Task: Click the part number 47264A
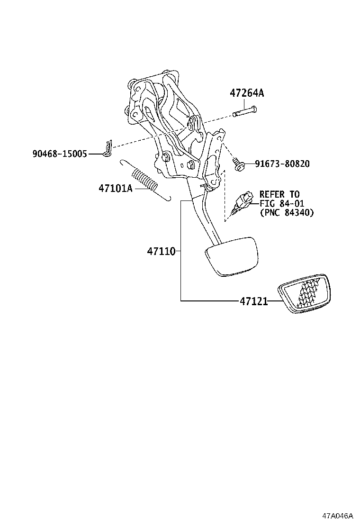pyautogui.click(x=247, y=93)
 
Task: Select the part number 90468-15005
pyautogui.click(x=60, y=154)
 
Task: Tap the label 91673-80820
pyautogui.click(x=282, y=164)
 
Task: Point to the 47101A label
pyautogui.click(x=115, y=188)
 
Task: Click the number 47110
pyautogui.click(x=161, y=251)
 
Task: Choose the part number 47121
pyautogui.click(x=253, y=301)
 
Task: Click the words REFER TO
pyautogui.click(x=279, y=194)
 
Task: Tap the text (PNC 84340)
pyautogui.click(x=286, y=213)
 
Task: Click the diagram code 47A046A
pyautogui.click(x=339, y=516)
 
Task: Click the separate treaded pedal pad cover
pyautogui.click(x=303, y=294)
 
